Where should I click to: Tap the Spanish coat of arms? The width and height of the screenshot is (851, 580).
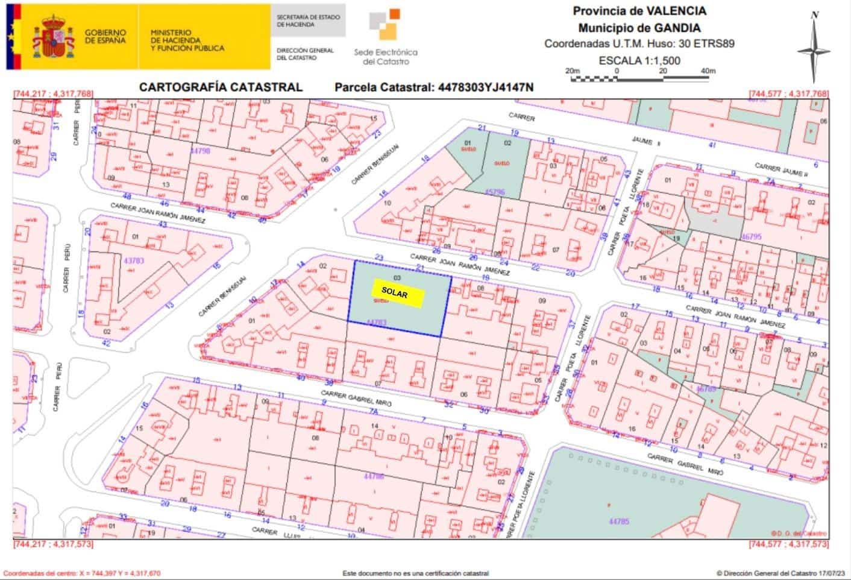[x=56, y=36]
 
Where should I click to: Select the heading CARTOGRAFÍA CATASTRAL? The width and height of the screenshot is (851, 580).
[x=221, y=87]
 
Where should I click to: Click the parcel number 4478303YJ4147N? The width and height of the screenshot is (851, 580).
[x=485, y=87]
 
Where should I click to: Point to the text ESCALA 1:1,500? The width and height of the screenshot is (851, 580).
[x=639, y=60]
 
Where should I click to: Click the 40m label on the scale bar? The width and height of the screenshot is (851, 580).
[x=708, y=71]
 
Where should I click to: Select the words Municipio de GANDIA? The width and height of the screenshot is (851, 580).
[x=639, y=28]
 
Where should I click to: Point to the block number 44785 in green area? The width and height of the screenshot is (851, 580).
[x=619, y=520]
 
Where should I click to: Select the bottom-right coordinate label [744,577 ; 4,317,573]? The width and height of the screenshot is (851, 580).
[x=788, y=544]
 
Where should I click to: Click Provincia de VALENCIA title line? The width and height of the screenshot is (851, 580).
[x=639, y=11]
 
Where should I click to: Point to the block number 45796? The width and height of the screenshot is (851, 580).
[x=494, y=192]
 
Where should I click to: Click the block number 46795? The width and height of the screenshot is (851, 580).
[x=752, y=237]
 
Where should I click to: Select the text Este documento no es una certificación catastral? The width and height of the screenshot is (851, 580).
[x=415, y=573]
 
